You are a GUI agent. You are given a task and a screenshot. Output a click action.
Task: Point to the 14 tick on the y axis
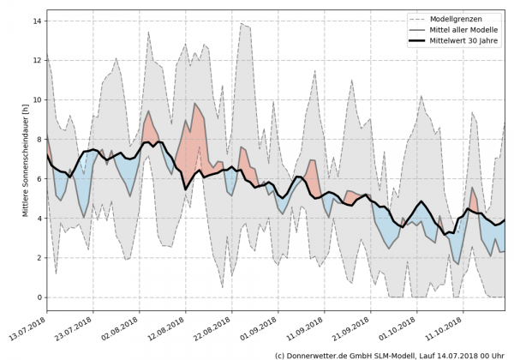(x=39, y=21)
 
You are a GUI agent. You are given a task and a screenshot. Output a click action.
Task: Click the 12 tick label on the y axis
(x=39, y=60)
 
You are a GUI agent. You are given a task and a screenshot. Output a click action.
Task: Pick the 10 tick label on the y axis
(x=39, y=99)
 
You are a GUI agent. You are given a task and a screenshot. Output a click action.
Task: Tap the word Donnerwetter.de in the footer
(x=321, y=354)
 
